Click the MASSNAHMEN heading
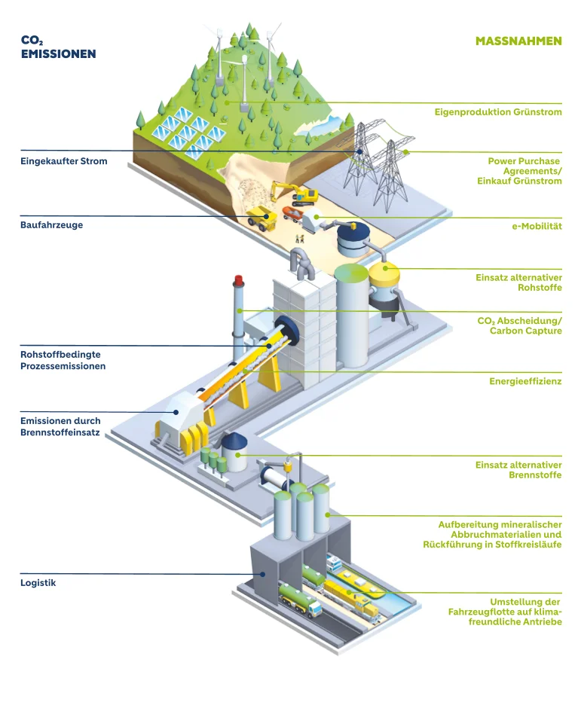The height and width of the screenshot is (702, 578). coord(518,41)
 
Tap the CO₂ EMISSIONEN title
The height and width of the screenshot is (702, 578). coord(58,47)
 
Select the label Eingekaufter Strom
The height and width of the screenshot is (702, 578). coord(64,161)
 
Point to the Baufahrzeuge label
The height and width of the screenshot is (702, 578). coord(51,224)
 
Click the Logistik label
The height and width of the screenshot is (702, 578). coord(38,583)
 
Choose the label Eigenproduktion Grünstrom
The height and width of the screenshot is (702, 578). coord(498,112)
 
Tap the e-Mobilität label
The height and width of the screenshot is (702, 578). coord(537,226)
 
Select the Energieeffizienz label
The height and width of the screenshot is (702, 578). coord(525,381)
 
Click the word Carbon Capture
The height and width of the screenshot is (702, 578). coord(525,331)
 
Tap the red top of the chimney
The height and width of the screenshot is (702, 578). coord(238,280)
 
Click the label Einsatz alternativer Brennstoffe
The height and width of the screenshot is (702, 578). coord(518,470)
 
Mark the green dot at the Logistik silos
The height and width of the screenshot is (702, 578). coord(328,515)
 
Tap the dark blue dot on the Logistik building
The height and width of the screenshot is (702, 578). coord(264,574)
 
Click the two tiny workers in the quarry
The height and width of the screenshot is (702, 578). coord(299,239)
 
